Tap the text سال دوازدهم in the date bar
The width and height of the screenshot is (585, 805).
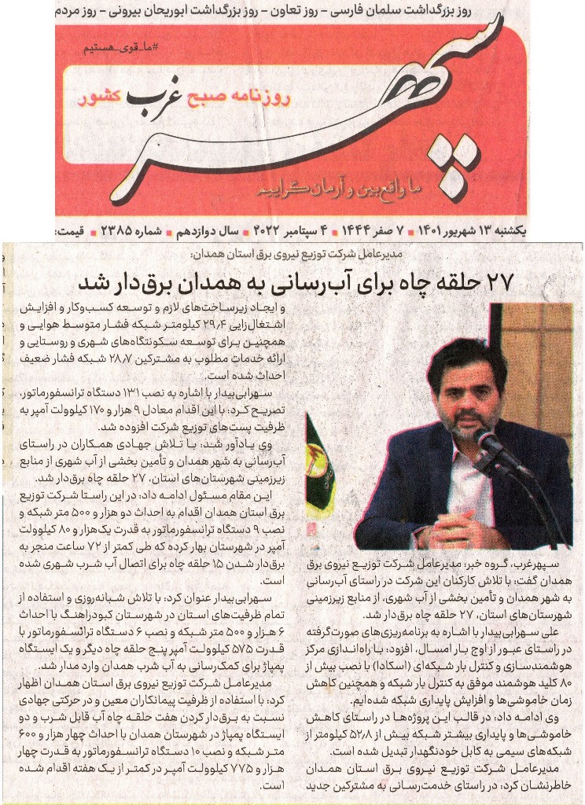(205, 232)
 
